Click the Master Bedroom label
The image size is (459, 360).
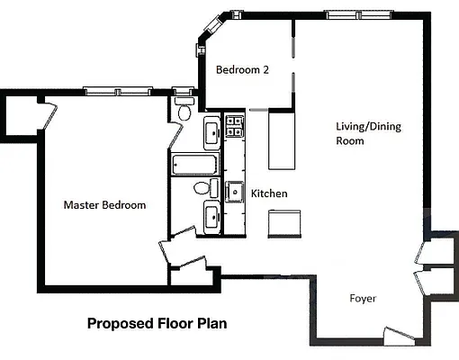(104, 205)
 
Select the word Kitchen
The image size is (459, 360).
(268, 193)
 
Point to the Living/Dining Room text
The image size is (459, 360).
(368, 133)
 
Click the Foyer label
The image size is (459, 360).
(363, 298)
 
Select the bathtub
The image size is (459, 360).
(195, 166)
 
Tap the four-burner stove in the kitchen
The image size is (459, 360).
(234, 126)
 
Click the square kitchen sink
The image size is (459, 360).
(235, 191)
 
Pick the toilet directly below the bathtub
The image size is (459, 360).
(205, 188)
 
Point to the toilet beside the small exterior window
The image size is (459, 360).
(184, 112)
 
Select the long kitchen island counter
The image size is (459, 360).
(282, 140)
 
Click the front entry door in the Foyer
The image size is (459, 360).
(396, 337)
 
